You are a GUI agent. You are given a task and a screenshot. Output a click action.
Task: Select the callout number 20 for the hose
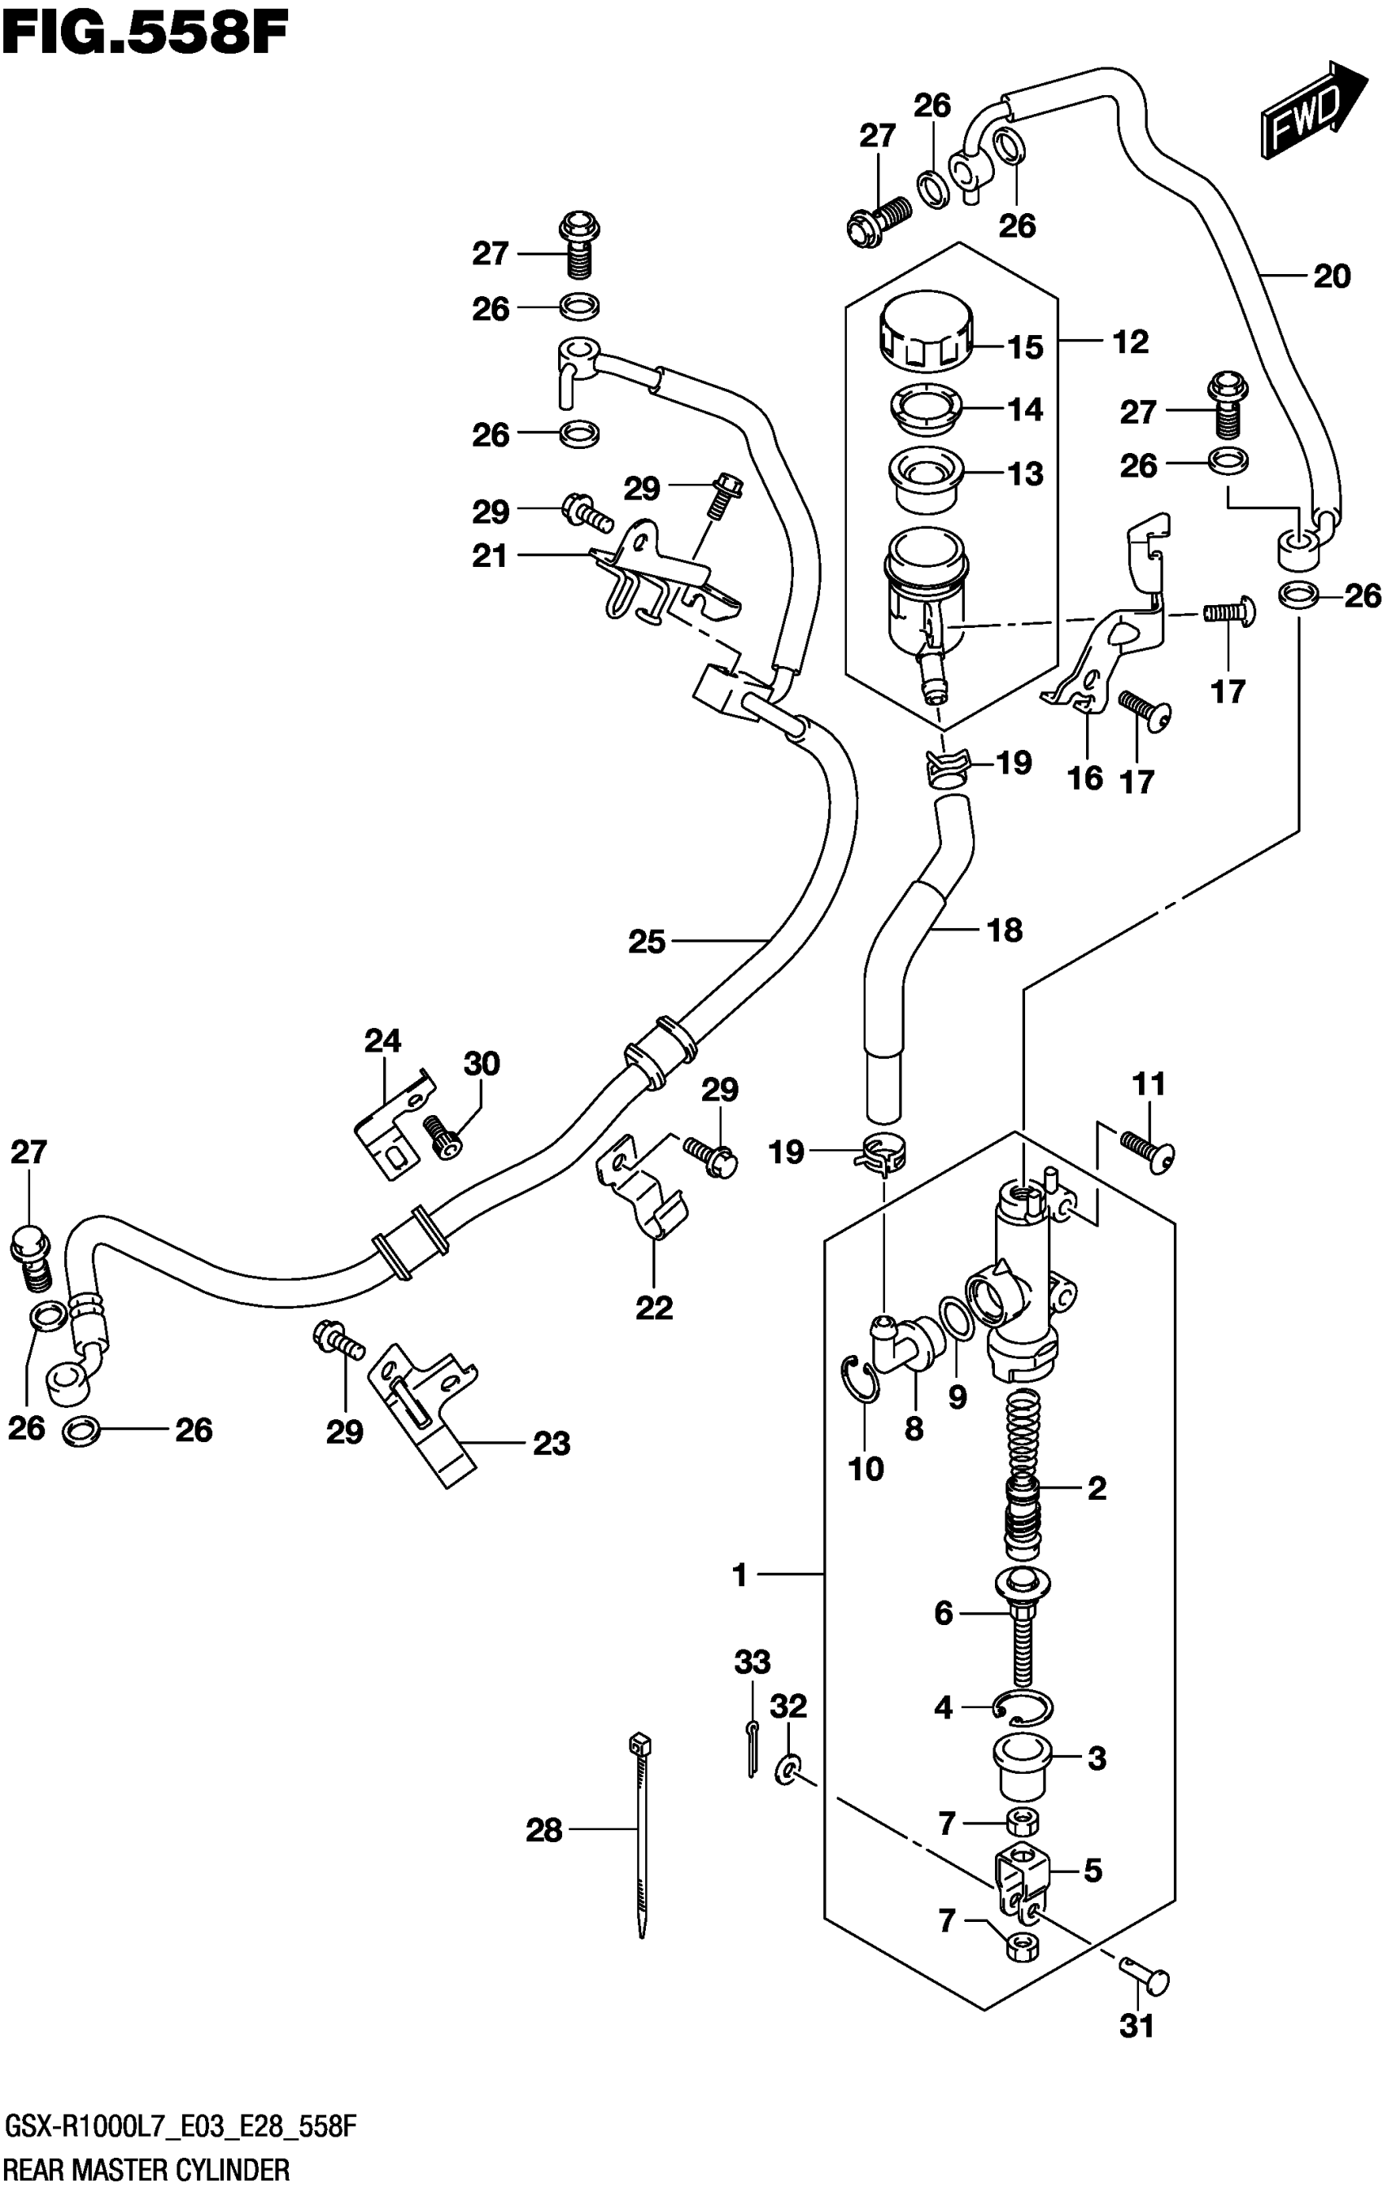[1331, 277]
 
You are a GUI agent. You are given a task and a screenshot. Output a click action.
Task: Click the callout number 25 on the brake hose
[647, 942]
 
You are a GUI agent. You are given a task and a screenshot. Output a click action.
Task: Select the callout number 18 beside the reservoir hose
[1005, 931]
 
